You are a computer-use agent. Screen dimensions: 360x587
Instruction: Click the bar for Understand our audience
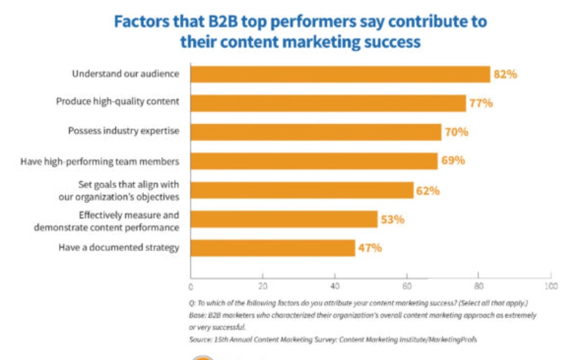coord(340,74)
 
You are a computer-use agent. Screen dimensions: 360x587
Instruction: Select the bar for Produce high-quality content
coord(328,102)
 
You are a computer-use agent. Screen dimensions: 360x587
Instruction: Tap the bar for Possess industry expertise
coord(315,131)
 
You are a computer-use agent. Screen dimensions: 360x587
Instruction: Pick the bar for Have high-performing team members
coord(313,161)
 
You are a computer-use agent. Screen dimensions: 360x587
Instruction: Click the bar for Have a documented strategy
coord(272,248)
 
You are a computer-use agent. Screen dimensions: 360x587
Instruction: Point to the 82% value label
coord(506,74)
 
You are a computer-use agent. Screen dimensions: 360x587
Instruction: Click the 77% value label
coord(481,103)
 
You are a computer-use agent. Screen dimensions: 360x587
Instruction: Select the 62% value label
coord(427,191)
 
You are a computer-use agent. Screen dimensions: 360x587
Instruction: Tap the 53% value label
coord(392,219)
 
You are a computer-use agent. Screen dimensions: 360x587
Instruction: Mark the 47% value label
coord(370,248)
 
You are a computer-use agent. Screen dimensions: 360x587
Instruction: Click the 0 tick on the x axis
coord(190,286)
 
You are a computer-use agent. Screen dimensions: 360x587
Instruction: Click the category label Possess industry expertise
coord(123,131)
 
